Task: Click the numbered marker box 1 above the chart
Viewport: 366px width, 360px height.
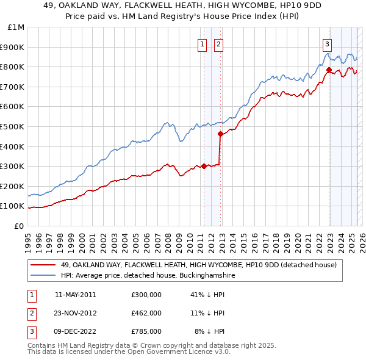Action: click(202, 43)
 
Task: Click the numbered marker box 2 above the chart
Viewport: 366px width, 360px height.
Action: click(218, 43)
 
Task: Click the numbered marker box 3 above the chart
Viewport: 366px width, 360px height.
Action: click(328, 43)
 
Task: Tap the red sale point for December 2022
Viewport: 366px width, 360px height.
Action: click(329, 70)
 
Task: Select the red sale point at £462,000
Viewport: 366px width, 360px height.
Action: click(220, 134)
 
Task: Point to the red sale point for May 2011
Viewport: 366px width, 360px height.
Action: click(204, 166)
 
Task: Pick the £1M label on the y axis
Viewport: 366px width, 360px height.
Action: click(16, 27)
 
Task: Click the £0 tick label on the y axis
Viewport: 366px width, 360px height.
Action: click(19, 226)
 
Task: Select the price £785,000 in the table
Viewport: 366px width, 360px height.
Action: click(146, 331)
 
